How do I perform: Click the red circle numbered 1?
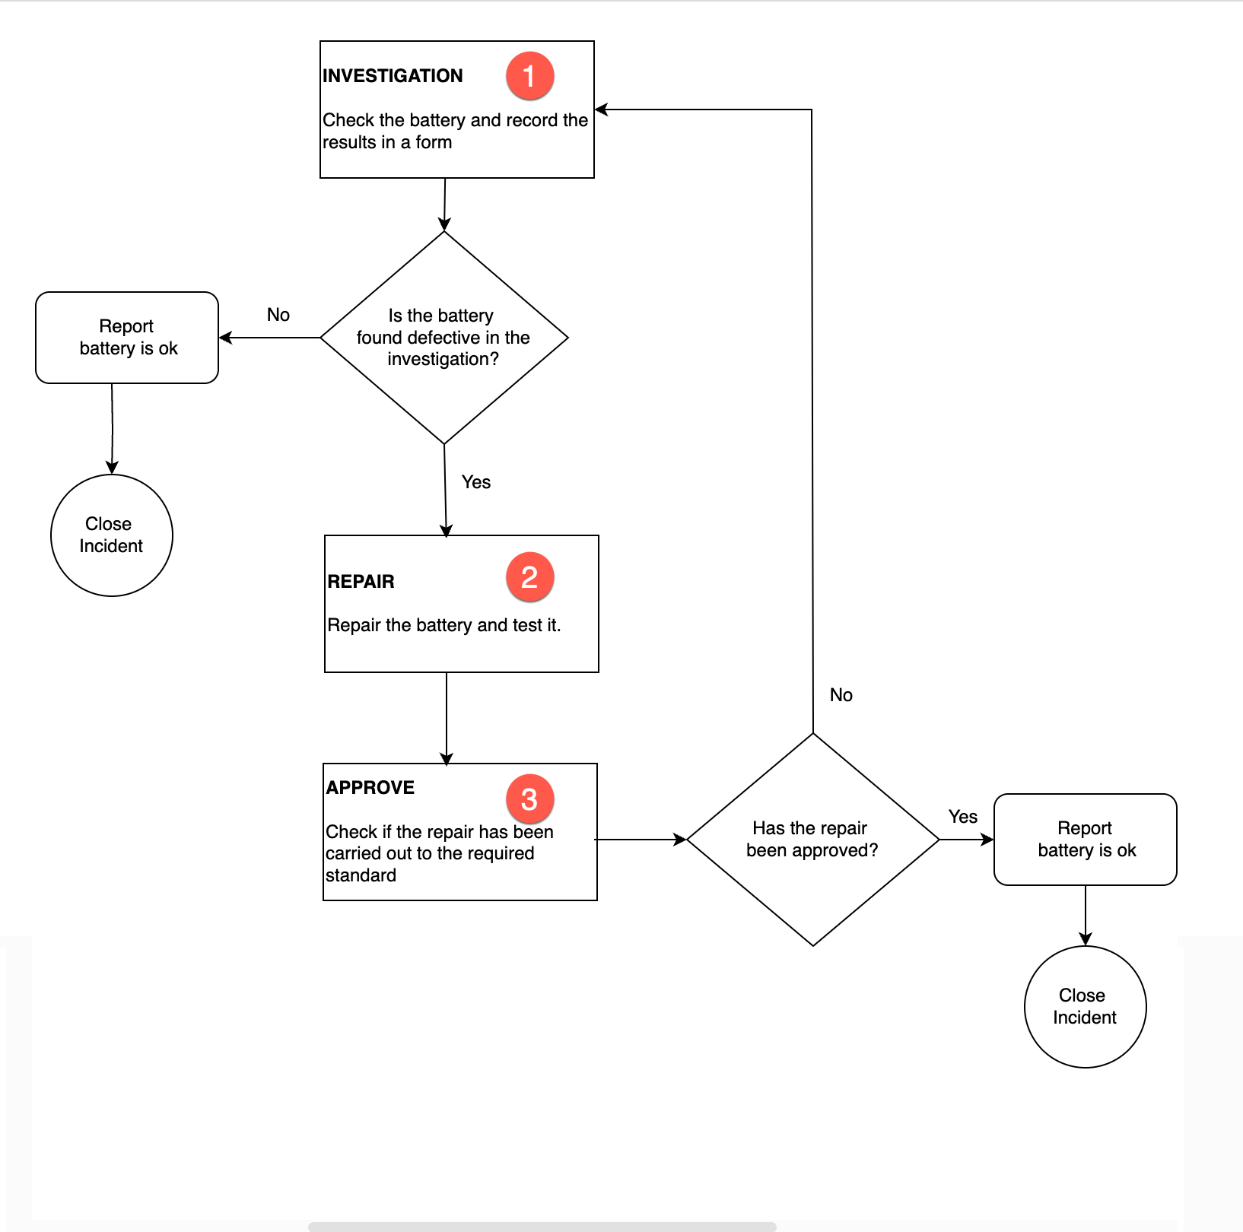[529, 76]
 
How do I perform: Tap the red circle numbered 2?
[529, 576]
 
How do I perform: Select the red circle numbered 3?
[529, 799]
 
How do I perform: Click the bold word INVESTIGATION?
[393, 76]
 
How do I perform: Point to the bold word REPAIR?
[361, 582]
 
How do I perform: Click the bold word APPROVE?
[370, 788]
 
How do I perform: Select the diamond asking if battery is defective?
[444, 338]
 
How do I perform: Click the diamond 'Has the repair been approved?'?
[812, 840]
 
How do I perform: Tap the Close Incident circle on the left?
[112, 535]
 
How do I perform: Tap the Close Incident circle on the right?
[1085, 1007]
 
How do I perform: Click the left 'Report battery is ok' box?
[127, 338]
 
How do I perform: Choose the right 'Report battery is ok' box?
[1086, 840]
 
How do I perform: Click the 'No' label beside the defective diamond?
[278, 315]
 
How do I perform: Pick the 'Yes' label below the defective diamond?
[476, 482]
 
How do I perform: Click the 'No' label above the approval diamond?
[841, 695]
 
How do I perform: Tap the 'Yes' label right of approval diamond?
[963, 817]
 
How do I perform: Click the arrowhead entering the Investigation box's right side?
[601, 110]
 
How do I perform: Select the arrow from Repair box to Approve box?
[447, 718]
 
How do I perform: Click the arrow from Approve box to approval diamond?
[642, 840]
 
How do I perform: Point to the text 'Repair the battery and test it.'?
[444, 625]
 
